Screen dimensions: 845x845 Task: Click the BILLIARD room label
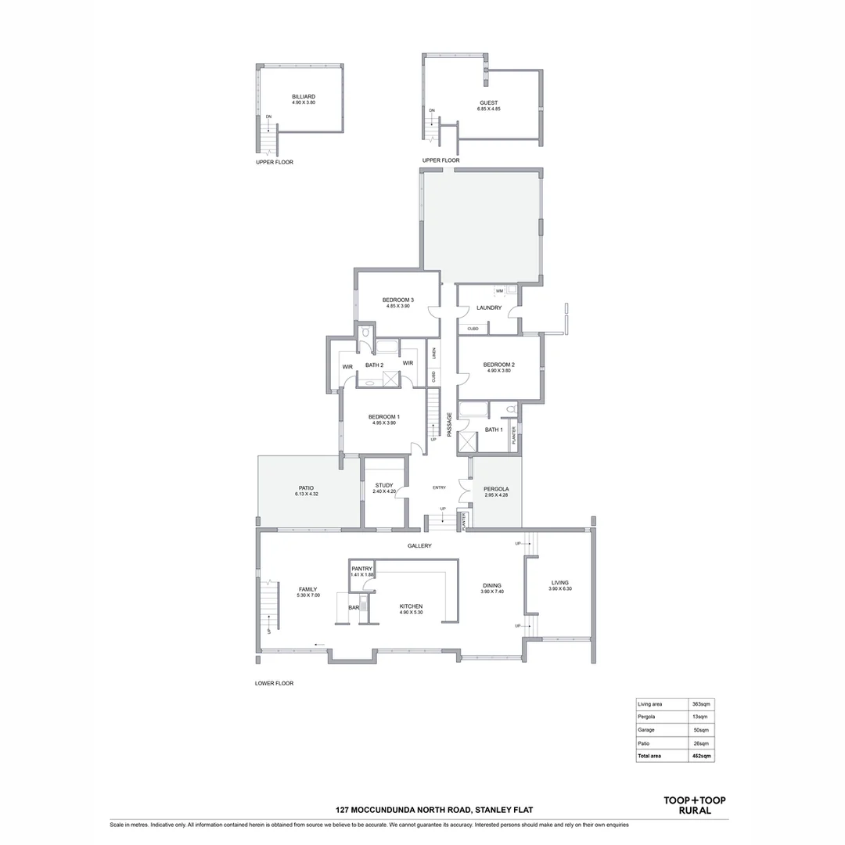304,97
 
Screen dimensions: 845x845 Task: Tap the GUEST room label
488,103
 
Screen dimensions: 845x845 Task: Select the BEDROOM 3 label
397,300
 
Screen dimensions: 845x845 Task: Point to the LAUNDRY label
489,307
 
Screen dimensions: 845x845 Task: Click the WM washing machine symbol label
499,291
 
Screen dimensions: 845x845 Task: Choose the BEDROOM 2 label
498,365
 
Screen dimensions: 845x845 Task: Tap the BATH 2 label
374,365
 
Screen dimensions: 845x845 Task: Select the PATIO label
295,487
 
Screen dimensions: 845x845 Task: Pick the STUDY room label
383,485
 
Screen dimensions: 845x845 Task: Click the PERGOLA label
496,489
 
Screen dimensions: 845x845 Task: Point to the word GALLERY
419,546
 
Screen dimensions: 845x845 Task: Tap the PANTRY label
361,569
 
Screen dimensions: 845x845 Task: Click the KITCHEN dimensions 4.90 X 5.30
411,613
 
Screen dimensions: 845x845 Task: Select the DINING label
491,585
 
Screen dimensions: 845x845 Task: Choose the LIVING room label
559,582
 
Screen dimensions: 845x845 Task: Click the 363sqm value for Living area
699,704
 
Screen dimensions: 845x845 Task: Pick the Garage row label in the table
647,730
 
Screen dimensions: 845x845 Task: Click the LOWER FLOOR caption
274,683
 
